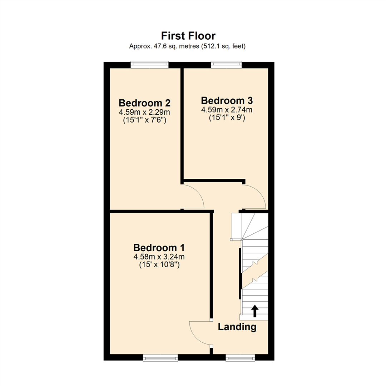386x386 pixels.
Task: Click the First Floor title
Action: pos(188,36)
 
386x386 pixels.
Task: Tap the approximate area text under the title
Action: pos(188,46)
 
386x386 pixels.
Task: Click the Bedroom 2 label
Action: pos(144,103)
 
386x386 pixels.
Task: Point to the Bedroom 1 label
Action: pos(159,247)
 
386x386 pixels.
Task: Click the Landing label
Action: pos(237,327)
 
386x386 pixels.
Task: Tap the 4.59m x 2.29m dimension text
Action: pos(144,112)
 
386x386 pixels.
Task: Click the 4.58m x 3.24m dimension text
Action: pos(159,257)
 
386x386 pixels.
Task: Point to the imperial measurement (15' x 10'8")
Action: pos(159,265)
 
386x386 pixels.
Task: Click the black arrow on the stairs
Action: pos(254,311)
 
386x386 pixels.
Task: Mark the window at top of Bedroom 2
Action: pos(149,64)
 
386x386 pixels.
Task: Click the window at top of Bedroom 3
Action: pos(226,64)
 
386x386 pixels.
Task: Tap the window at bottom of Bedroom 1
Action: pos(160,357)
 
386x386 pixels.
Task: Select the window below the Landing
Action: pos(240,357)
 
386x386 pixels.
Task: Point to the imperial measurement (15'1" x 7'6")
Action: pos(144,120)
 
